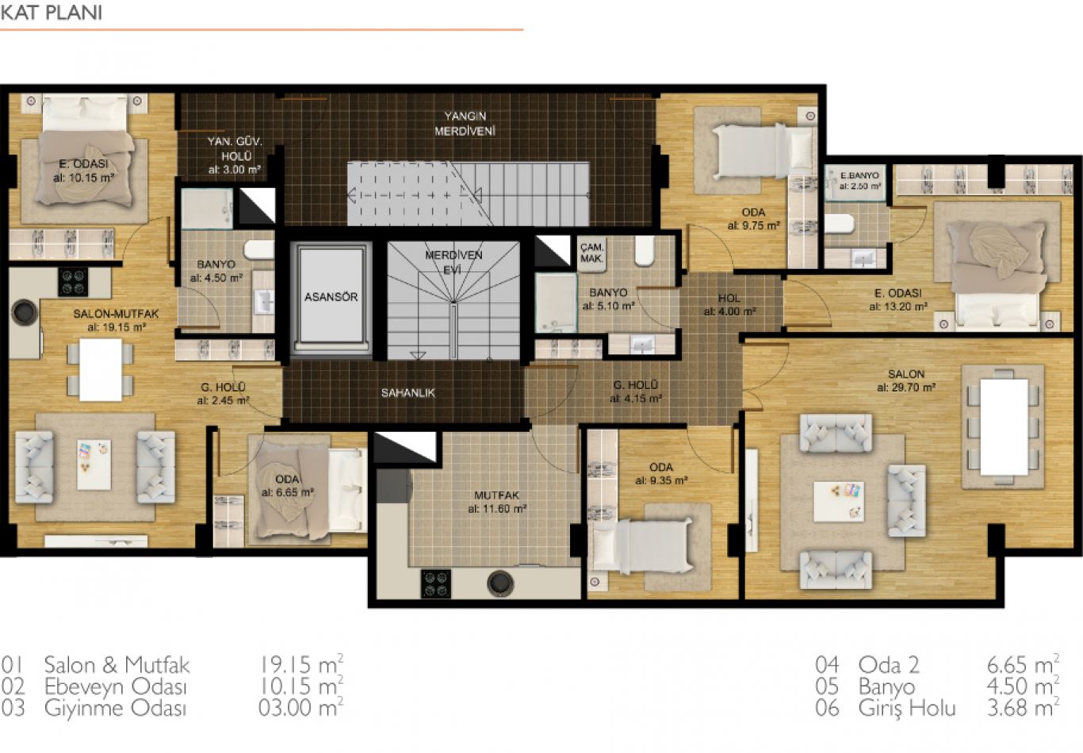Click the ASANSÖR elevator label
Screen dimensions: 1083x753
click(x=331, y=296)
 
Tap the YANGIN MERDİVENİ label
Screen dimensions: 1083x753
click(x=465, y=124)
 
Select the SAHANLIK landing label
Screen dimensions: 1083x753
click(x=408, y=393)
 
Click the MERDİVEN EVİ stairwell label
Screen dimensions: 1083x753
click(x=453, y=262)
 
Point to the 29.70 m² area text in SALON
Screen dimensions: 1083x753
click(x=906, y=388)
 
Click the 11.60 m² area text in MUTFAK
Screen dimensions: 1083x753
click(x=497, y=509)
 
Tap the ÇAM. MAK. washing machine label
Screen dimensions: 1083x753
click(x=591, y=253)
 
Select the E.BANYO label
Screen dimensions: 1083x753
click(x=859, y=175)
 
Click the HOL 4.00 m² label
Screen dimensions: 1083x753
click(x=729, y=305)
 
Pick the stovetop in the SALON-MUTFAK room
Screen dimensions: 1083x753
click(x=73, y=281)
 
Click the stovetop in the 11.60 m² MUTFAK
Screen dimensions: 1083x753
click(x=435, y=584)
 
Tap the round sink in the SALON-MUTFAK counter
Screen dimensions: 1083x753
click(x=24, y=312)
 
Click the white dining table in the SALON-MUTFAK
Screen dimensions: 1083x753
click(x=101, y=369)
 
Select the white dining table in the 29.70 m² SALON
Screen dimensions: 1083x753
click(x=1004, y=427)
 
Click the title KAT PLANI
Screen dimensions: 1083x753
click(x=52, y=13)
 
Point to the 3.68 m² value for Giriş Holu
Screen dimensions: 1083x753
click(x=1023, y=708)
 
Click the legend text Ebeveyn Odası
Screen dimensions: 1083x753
click(x=115, y=686)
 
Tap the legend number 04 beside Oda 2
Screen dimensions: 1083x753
click(x=827, y=665)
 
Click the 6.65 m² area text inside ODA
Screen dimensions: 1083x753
click(x=288, y=492)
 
